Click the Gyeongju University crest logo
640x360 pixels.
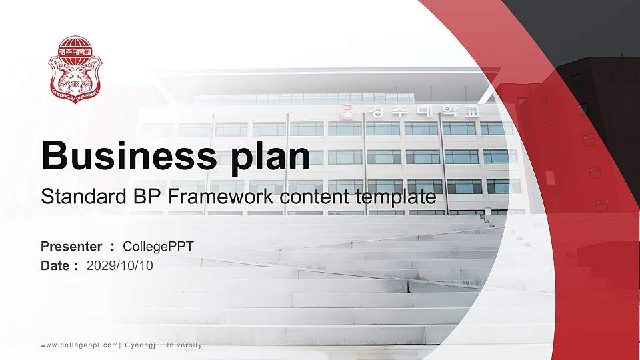(75, 70)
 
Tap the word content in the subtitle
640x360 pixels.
(317, 197)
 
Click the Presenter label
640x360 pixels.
(71, 247)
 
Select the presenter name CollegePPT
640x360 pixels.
(158, 247)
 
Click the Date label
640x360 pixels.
(55, 265)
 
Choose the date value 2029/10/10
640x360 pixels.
(119, 265)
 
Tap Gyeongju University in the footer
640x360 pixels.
(163, 345)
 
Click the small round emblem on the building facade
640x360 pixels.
(345, 113)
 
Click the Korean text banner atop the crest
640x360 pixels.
(75, 50)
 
